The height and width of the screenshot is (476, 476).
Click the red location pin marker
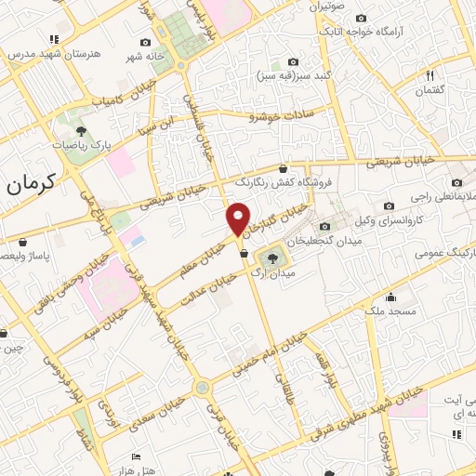238,218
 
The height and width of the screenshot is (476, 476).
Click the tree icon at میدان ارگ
272,258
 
